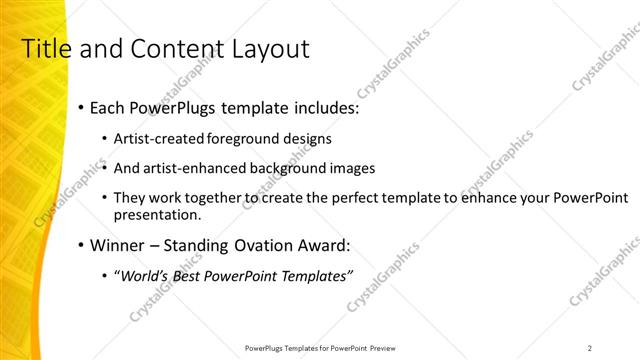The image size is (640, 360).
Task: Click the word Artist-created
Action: point(159,139)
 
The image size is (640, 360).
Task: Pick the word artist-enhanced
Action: point(192,169)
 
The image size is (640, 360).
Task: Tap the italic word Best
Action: point(190,276)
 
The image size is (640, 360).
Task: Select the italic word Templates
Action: point(312,276)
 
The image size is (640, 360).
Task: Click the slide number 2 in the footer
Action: point(590,347)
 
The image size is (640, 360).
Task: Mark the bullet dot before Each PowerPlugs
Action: point(78,108)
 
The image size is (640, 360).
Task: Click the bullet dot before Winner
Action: point(78,245)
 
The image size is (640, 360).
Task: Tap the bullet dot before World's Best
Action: point(107,276)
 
